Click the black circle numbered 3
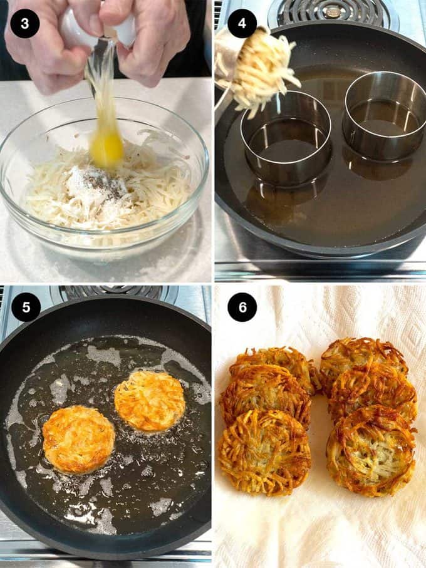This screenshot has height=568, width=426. [x=24, y=24]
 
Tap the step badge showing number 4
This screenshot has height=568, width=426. [x=242, y=24]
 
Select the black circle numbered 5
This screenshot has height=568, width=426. [x=26, y=307]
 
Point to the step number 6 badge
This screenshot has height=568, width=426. [x=242, y=307]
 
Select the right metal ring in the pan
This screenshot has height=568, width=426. [x=385, y=116]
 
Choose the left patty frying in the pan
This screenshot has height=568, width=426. [x=78, y=440]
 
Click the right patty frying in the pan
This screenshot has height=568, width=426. [x=150, y=401]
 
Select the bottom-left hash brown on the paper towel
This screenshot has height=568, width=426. [x=264, y=452]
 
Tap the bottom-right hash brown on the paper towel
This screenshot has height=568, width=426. [x=371, y=451]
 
